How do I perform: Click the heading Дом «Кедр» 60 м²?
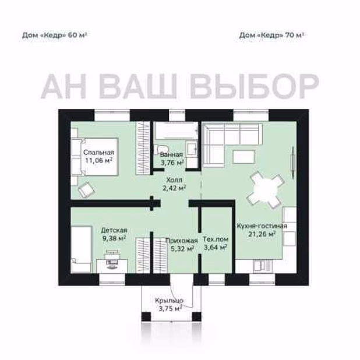point(54,36)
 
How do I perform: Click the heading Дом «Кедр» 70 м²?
point(271,36)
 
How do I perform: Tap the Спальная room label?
point(98,152)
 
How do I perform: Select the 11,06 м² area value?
point(98,160)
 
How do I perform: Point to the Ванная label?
point(171,154)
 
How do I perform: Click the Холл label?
point(174,180)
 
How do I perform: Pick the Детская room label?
point(114,230)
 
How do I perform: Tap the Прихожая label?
point(181,241)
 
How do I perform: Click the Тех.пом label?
point(216,239)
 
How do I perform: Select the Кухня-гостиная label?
point(262,226)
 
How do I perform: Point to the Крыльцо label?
point(169,301)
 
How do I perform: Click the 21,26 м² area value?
point(262,234)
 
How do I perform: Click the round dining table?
point(264,190)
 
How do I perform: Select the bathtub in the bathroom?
point(177,130)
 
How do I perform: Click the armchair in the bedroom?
point(87,190)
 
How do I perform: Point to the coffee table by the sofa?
point(243,157)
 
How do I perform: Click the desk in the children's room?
point(112,266)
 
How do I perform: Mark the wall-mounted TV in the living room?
point(293,162)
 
